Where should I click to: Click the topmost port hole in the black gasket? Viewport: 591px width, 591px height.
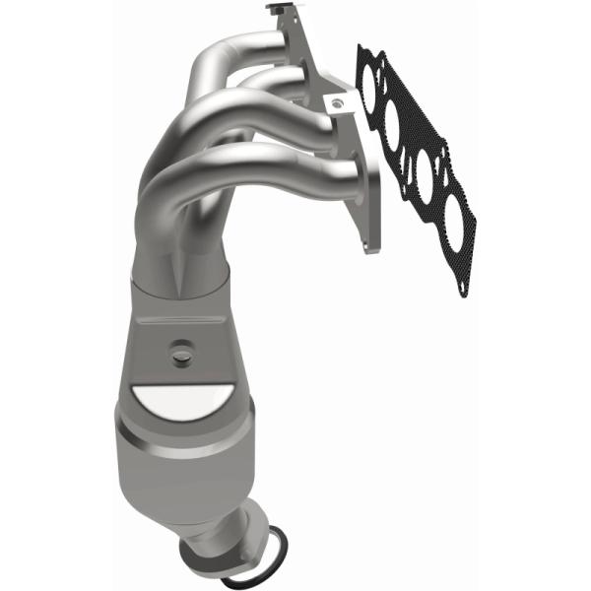point(372,87)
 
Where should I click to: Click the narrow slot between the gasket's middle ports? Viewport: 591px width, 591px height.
point(410,148)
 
